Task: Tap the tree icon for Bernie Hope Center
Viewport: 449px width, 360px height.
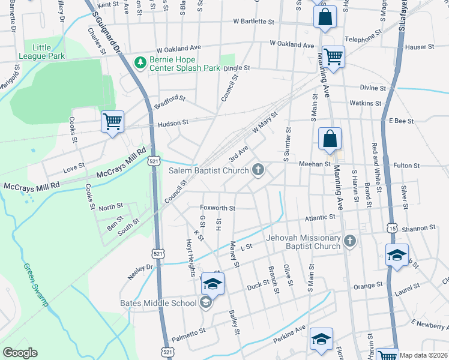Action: (140, 62)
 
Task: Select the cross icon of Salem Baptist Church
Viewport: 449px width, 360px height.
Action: (259, 170)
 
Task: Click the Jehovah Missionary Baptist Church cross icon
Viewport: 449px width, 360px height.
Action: (350, 241)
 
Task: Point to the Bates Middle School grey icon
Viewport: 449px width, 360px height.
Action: (206, 302)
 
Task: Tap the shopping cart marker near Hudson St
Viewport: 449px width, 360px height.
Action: (112, 122)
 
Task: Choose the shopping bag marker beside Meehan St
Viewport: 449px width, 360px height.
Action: (330, 139)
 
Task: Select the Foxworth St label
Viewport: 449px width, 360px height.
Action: (217, 208)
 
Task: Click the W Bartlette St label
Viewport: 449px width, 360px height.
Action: (254, 22)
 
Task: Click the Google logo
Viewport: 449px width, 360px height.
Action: (20, 352)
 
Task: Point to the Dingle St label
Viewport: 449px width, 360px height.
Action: (237, 68)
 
